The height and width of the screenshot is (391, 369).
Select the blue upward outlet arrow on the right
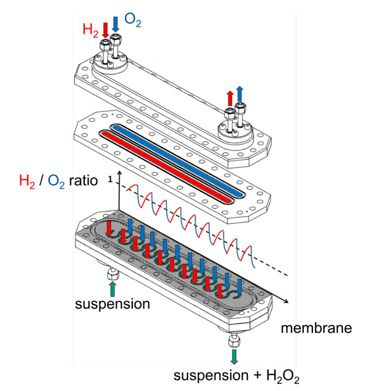tap(240, 94)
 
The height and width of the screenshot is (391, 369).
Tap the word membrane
tap(316, 328)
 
